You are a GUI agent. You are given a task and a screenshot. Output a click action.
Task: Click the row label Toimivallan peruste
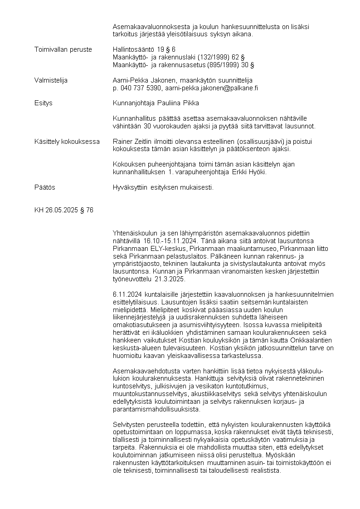[63, 49]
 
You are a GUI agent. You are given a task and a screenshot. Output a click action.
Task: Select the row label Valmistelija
[51, 80]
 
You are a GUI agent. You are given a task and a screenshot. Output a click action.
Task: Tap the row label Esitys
[44, 103]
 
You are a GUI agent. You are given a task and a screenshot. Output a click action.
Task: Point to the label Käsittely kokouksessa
[67, 142]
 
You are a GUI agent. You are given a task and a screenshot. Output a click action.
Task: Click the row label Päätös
[45, 187]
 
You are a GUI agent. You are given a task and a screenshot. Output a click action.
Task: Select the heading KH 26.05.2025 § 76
[64, 210]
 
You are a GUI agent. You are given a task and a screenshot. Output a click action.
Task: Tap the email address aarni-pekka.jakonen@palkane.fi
[211, 88]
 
